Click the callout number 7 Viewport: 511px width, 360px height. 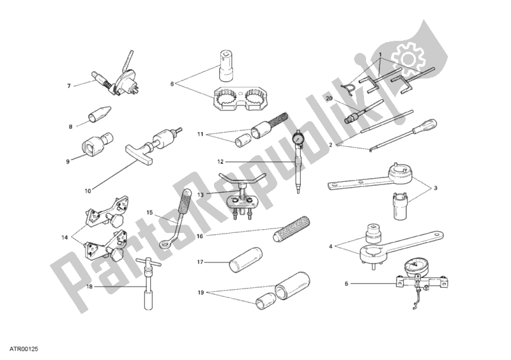[x=69, y=86]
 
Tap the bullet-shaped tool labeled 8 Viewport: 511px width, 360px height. [x=100, y=114]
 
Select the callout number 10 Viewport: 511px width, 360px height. [x=88, y=191]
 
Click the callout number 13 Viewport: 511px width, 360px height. [x=200, y=195]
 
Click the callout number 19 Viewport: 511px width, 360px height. [x=201, y=292]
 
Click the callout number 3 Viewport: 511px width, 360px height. [x=436, y=188]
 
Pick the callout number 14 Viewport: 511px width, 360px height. [x=65, y=237]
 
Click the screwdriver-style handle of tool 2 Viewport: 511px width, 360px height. [x=429, y=128]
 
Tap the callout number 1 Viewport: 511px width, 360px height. [x=380, y=54]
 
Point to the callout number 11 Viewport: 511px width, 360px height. [x=200, y=134]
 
